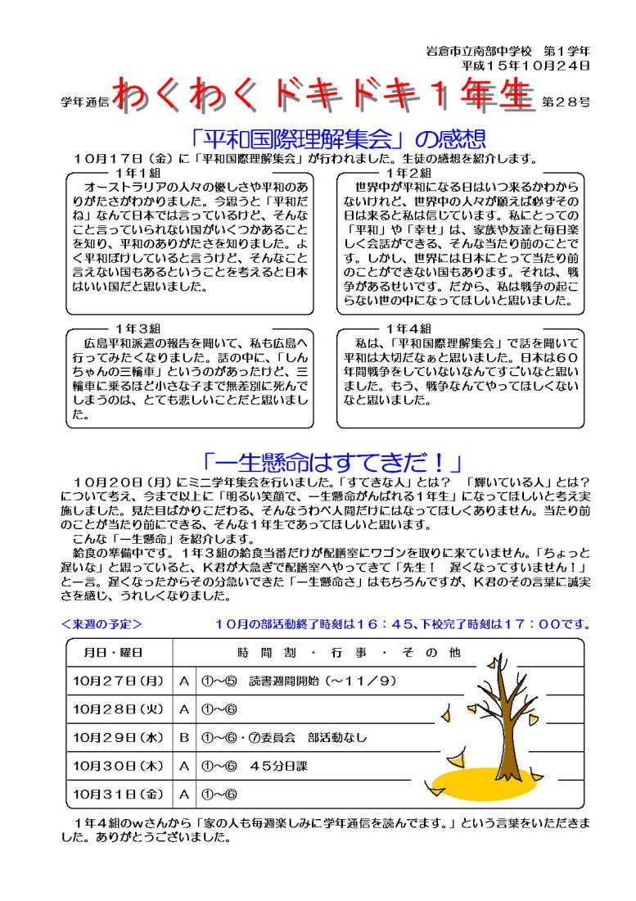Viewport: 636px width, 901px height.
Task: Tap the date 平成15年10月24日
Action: click(x=525, y=65)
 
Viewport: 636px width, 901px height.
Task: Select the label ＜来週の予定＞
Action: click(x=102, y=624)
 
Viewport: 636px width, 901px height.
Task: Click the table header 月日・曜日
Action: click(x=115, y=653)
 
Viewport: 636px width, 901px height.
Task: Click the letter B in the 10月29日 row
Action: click(x=184, y=737)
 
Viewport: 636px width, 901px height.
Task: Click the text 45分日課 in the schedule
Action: click(x=279, y=766)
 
